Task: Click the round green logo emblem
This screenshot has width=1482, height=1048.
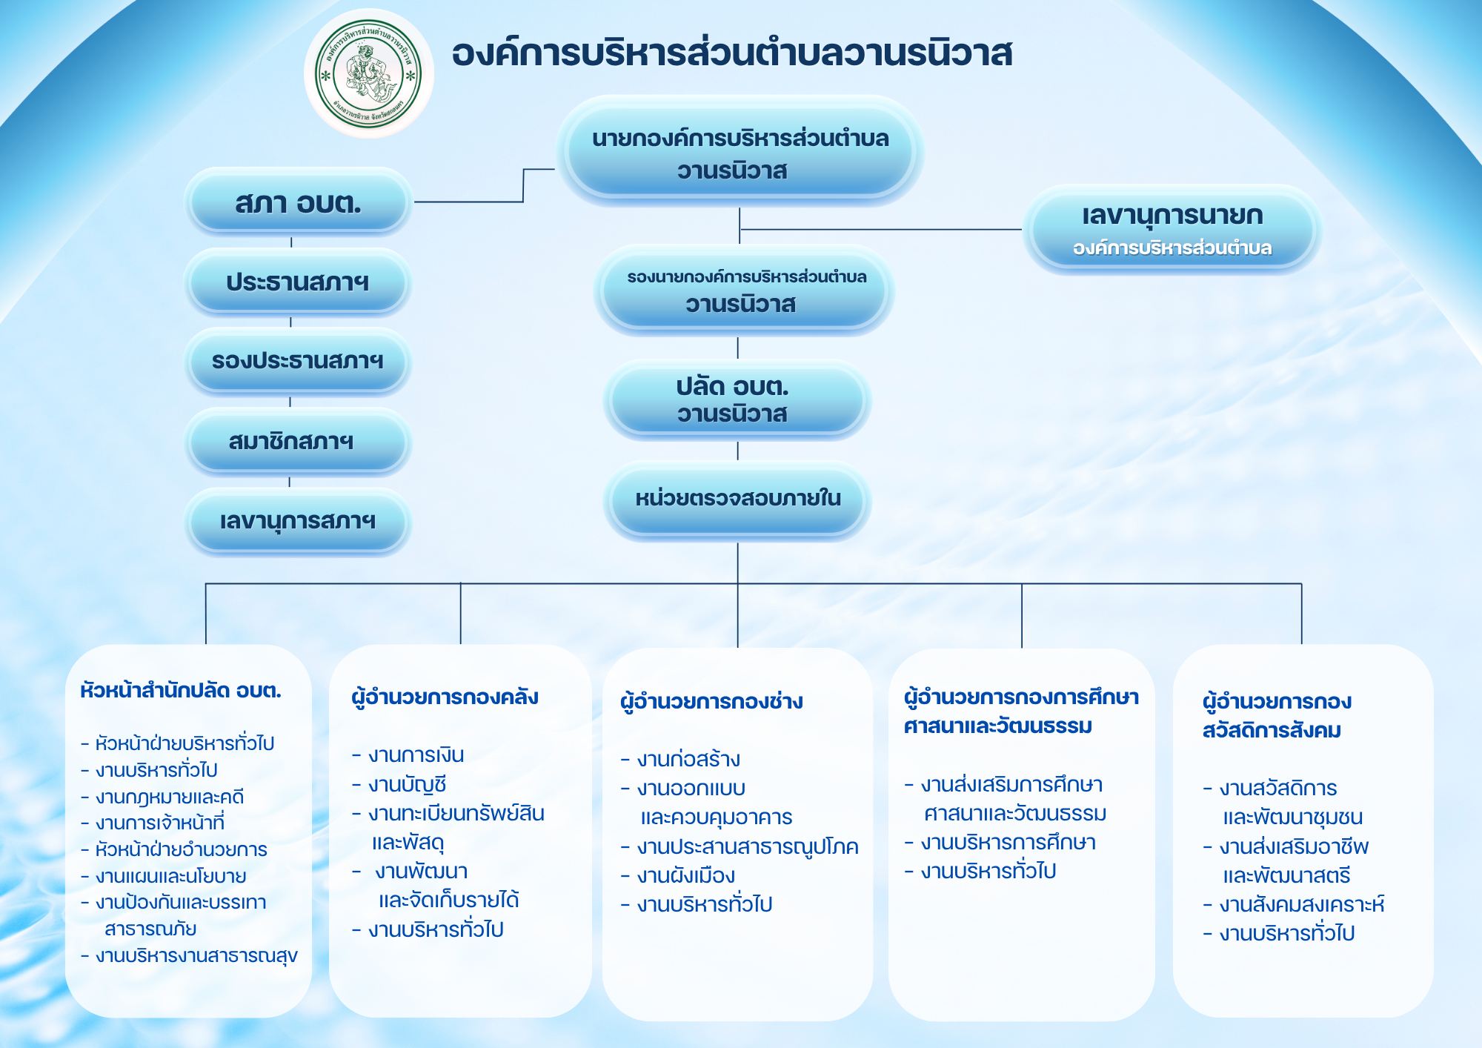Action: (368, 74)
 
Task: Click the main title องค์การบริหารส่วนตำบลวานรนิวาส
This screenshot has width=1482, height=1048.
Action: (732, 53)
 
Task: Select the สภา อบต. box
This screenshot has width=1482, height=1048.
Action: (298, 202)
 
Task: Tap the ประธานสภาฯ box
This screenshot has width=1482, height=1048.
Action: (298, 282)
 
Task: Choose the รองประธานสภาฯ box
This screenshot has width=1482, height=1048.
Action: (298, 362)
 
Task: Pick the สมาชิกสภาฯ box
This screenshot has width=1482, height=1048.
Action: (298, 442)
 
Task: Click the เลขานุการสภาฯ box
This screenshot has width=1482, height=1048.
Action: (298, 521)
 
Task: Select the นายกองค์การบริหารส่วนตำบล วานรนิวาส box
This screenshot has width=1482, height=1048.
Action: (740, 153)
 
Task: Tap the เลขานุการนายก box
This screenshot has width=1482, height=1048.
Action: (1172, 230)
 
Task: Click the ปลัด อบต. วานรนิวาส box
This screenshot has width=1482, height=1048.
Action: (737, 400)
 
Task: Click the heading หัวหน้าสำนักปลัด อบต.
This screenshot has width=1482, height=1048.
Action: (181, 691)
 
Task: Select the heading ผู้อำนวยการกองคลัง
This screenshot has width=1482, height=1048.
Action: (445, 697)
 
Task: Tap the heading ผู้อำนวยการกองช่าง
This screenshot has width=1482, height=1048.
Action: (711, 701)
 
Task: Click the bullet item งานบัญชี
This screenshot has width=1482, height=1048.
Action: (399, 784)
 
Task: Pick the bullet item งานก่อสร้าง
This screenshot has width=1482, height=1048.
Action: (680, 759)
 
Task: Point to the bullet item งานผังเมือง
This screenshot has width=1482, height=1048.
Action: (678, 876)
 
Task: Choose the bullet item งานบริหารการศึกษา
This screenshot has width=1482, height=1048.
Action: (1000, 843)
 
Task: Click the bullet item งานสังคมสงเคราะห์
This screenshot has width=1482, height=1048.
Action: (1294, 904)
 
